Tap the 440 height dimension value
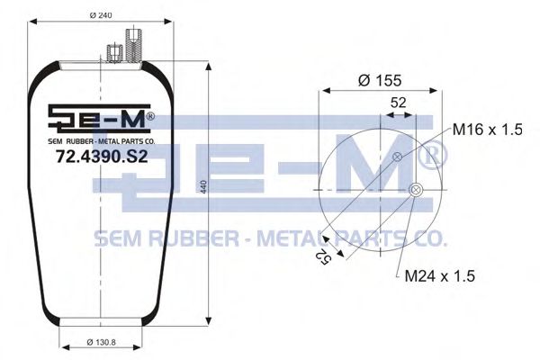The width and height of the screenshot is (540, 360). (x=204, y=186)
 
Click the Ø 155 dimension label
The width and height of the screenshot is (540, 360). (x=379, y=80)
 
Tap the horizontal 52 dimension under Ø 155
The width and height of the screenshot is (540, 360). (x=397, y=103)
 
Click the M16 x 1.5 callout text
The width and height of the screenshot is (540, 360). (x=487, y=130)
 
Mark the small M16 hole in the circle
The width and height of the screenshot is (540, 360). (x=397, y=158)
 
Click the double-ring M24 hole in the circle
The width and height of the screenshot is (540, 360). (x=415, y=190)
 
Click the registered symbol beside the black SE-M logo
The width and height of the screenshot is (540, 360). (x=149, y=116)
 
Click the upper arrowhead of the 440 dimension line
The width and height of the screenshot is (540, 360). (x=210, y=69)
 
